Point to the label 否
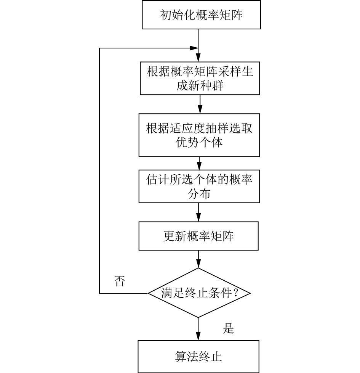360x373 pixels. [120, 281]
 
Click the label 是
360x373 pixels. [228, 328]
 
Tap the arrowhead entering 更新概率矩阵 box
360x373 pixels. [198, 217]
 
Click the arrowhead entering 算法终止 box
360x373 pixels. [198, 336]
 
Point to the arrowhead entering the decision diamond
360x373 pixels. [198, 264]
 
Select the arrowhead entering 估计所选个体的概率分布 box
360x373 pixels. [199, 166]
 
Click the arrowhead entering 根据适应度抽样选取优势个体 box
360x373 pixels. [200, 109]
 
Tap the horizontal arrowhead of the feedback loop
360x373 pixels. [194, 48]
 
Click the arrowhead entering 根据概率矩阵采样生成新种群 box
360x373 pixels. [198, 58]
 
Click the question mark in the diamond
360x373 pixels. [236, 293]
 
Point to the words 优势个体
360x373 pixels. [199, 143]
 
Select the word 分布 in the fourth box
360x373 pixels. [199, 194]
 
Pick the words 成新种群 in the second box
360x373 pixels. [200, 86]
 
